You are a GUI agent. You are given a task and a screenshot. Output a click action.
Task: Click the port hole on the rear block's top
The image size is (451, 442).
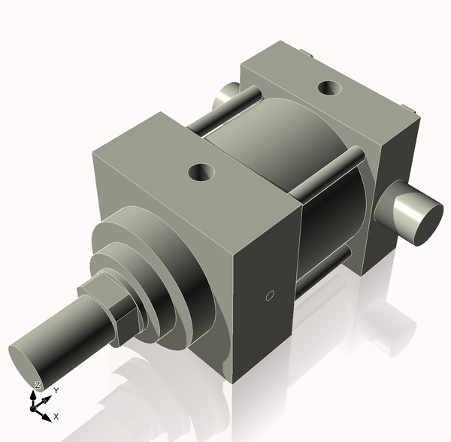(328, 88)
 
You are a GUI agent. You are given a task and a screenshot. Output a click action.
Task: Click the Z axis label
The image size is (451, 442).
(37, 386)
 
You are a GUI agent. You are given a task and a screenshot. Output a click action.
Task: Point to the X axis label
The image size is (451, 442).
(56, 416)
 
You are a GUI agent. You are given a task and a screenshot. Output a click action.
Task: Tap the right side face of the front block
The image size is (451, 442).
(263, 301)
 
